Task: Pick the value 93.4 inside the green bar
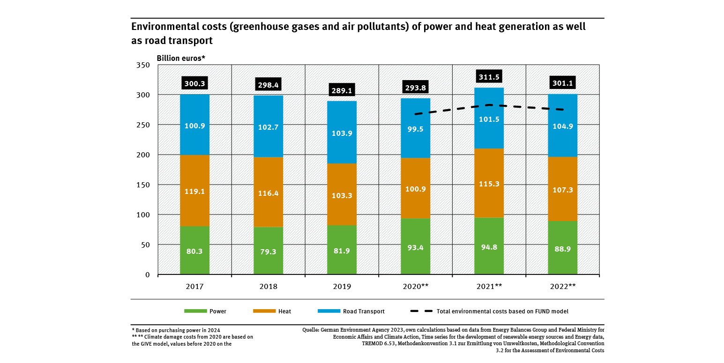point(415,248)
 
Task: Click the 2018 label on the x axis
point(268,286)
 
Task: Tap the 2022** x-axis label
point(562,286)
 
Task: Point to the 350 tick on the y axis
point(142,65)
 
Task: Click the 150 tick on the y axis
point(142,185)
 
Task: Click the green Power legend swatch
point(195,311)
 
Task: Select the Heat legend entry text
point(284,311)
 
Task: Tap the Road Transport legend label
point(364,311)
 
